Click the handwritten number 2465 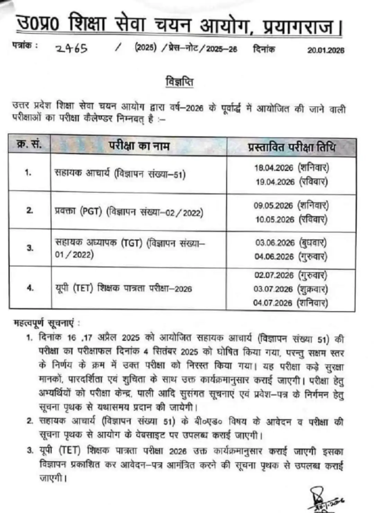point(72,48)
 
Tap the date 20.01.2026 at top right point(326,50)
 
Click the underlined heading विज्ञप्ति point(179,82)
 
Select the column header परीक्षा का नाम point(139,146)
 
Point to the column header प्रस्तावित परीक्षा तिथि point(292,147)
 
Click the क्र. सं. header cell point(29,145)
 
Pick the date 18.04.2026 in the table point(274,168)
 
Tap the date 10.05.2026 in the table point(275,219)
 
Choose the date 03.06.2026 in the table point(275,243)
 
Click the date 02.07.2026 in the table point(274,275)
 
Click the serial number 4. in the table point(30,288)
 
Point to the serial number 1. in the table point(28,172)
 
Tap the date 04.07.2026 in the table point(273,303)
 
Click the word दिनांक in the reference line point(264,49)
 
